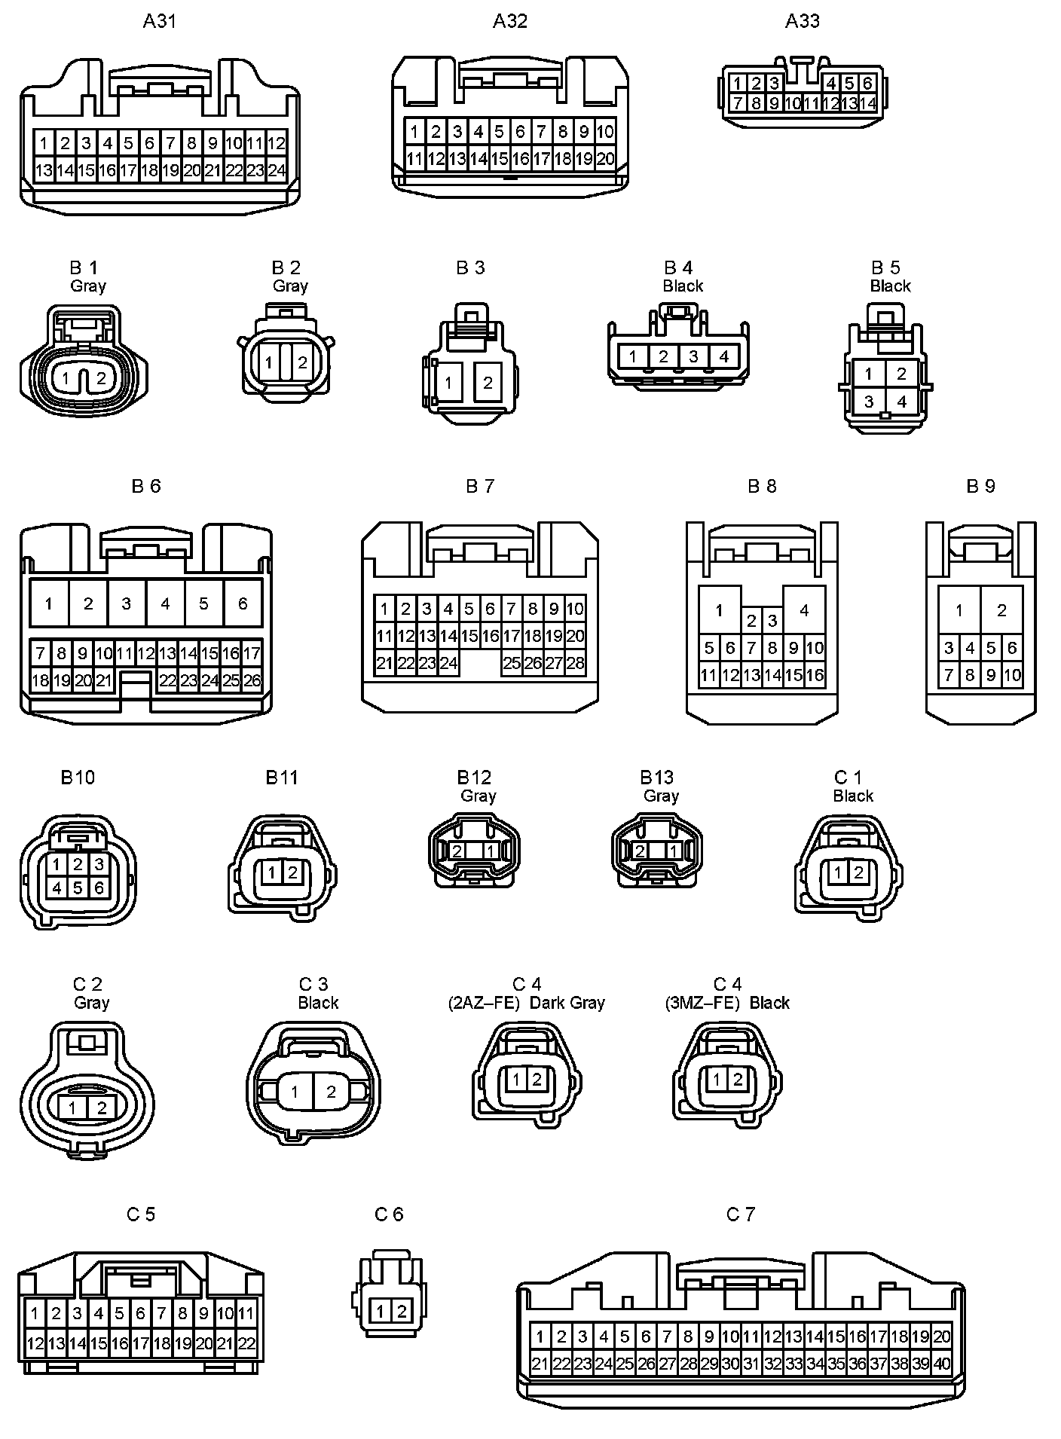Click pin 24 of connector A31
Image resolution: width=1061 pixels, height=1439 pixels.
(277, 170)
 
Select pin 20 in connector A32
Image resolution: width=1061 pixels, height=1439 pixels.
(605, 159)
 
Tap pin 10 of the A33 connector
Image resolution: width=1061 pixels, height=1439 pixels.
(793, 103)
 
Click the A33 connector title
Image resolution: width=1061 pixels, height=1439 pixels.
(802, 21)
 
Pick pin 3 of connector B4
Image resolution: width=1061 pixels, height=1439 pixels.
(693, 356)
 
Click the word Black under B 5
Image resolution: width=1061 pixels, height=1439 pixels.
(890, 286)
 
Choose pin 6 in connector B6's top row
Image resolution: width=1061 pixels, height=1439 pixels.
(243, 603)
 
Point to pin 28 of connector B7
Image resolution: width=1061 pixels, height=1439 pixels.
(575, 663)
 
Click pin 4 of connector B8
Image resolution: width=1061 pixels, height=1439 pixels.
(804, 610)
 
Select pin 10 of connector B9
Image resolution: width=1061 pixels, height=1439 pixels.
(1012, 675)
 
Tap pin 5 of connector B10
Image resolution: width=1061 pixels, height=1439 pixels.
(78, 888)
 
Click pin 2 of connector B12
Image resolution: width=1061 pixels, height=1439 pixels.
(457, 851)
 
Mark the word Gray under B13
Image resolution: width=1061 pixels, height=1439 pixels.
(661, 796)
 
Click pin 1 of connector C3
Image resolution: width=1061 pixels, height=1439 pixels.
(295, 1092)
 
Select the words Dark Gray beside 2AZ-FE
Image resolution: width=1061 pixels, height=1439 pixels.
(567, 1003)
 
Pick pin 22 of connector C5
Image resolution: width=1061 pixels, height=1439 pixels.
(246, 1343)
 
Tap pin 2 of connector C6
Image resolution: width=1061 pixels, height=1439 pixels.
(402, 1312)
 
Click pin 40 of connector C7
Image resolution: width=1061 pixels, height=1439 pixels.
(942, 1364)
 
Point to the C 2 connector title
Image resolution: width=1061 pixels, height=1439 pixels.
(87, 984)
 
